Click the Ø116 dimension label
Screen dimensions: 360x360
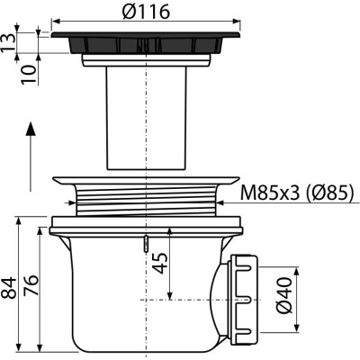146,12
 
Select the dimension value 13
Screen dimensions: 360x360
7,43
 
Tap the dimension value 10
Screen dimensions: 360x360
30,75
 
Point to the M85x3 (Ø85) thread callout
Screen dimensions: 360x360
296,193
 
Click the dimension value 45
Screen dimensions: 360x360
160,263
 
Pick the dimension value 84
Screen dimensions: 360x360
9,288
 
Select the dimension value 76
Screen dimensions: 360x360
31,285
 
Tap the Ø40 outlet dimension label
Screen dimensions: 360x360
284,295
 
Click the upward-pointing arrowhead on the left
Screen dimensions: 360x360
31,129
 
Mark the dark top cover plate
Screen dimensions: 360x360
146,42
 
